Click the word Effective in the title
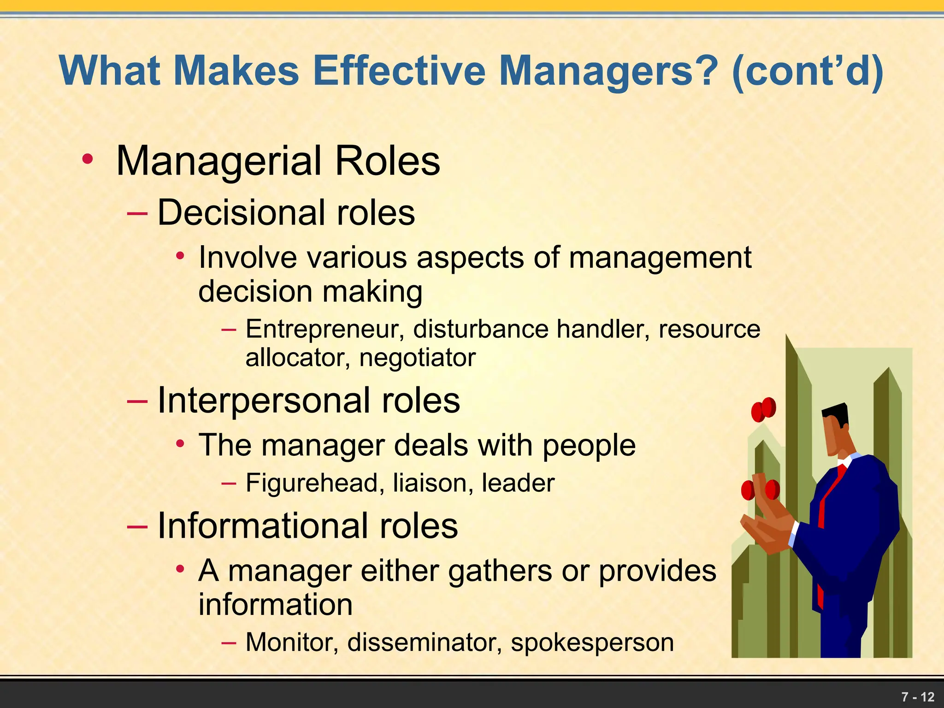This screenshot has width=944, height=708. [399, 71]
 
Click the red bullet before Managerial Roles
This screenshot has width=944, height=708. [87, 159]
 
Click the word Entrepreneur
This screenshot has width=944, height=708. [324, 329]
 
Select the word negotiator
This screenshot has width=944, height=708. [417, 358]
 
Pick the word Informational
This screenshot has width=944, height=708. [263, 526]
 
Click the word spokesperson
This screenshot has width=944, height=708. [592, 642]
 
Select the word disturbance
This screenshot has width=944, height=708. [481, 329]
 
